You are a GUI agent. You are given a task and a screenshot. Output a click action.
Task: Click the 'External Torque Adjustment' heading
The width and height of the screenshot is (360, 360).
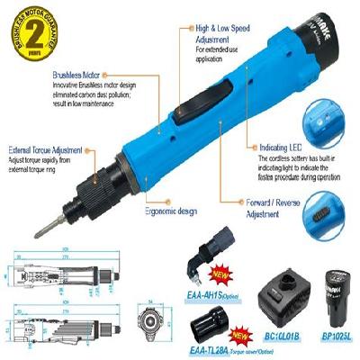[45, 148]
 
